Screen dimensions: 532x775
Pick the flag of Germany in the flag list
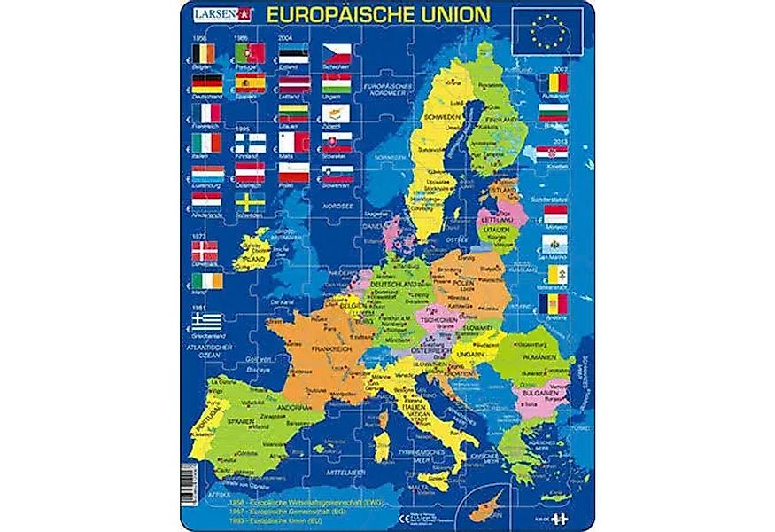[206, 83]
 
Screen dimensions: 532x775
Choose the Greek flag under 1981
[206, 321]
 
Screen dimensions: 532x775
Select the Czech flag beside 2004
[337, 53]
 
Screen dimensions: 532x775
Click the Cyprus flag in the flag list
[337, 113]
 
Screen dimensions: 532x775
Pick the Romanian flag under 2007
[554, 83]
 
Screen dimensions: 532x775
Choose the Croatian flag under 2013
[554, 153]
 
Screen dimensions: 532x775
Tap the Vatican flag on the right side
[554, 275]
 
